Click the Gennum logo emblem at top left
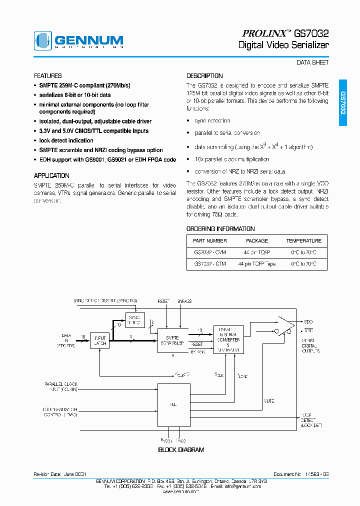(x=43, y=40)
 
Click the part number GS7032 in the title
(x=311, y=33)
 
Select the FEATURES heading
(x=48, y=76)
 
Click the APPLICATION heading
(x=51, y=175)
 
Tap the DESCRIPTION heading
(x=204, y=76)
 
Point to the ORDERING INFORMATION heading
(x=220, y=228)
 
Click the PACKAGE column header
(x=257, y=240)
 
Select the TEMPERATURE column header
(x=303, y=240)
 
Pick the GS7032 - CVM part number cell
(x=210, y=252)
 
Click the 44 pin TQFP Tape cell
(x=257, y=263)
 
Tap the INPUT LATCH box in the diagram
(x=100, y=340)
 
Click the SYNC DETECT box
(x=135, y=319)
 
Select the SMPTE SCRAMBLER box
(x=172, y=340)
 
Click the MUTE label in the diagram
(x=268, y=400)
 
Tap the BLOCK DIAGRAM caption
(x=181, y=449)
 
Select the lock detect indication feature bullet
(x=66, y=140)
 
